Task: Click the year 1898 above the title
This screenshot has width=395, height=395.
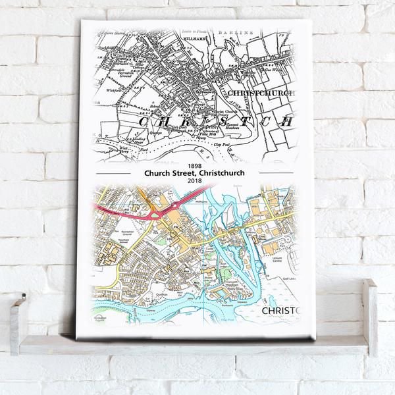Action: (x=192, y=166)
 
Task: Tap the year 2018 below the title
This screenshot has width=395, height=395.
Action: (x=192, y=181)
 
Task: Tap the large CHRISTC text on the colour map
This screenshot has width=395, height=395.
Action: (x=280, y=310)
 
